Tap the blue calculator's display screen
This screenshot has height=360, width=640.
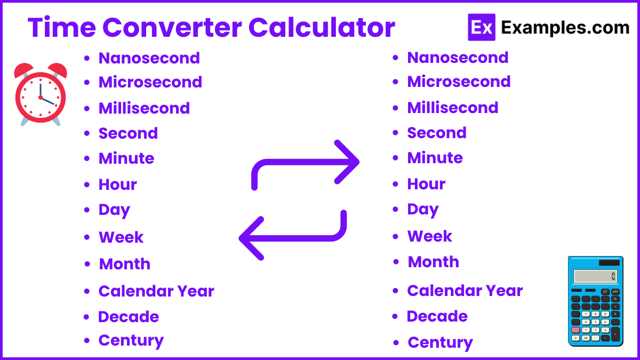coord(595,276)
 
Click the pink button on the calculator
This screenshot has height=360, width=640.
coord(575,330)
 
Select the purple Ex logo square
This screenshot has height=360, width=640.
coord(481,28)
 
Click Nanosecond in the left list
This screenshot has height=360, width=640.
coord(149,58)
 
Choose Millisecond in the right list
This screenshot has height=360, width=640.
coord(452,107)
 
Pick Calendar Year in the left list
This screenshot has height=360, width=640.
coord(156,291)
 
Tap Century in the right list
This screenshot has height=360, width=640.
coord(440,342)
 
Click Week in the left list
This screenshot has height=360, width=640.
coord(121,237)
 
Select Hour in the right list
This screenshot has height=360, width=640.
coord(426,184)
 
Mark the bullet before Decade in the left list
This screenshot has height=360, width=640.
coord(86,317)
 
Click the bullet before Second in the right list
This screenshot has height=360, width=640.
coord(396,133)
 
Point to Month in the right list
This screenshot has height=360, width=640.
coord(433,262)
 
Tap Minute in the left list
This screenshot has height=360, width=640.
coord(126,158)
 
